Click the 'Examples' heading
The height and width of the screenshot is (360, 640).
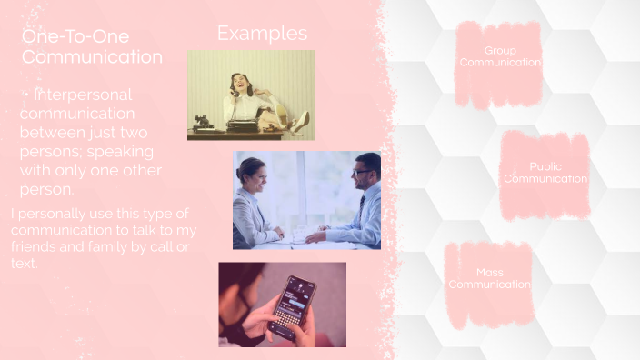click(x=262, y=34)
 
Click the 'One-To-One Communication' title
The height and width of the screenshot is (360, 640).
click(x=92, y=46)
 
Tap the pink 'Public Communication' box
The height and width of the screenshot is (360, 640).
click(x=545, y=173)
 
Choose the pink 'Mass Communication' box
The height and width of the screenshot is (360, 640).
click(x=490, y=278)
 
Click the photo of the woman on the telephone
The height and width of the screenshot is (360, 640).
click(x=251, y=95)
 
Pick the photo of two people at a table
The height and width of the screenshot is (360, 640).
click(x=306, y=200)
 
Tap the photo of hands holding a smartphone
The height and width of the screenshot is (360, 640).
click(x=282, y=305)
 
